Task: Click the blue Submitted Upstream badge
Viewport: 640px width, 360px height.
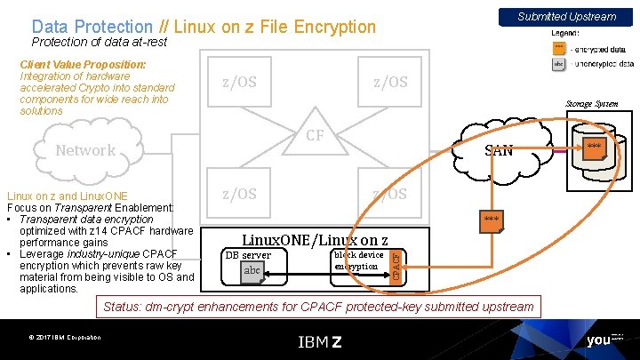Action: [x=567, y=16]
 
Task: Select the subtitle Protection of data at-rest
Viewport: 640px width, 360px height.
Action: [x=99, y=43]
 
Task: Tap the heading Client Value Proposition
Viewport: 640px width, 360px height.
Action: [x=83, y=65]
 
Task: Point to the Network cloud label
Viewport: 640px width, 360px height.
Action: [x=85, y=150]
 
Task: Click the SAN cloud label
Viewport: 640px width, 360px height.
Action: [x=499, y=150]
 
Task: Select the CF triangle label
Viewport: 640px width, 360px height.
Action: [x=315, y=136]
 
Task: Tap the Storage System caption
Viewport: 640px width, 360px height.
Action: [x=592, y=104]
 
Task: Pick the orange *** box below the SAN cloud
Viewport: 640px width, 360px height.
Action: [x=491, y=220]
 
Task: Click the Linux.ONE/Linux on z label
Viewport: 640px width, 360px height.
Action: [x=315, y=239]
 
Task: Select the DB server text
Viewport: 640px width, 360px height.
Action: [x=248, y=255]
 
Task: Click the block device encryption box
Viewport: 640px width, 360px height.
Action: [x=358, y=260]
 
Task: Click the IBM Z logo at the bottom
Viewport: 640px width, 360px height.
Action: [x=319, y=341]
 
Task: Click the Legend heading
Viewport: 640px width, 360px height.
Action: [x=565, y=34]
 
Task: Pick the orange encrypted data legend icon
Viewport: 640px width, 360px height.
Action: [x=558, y=49]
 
